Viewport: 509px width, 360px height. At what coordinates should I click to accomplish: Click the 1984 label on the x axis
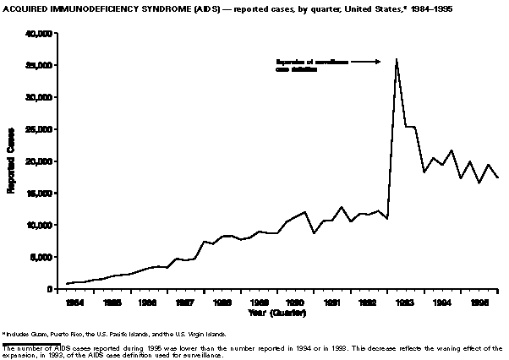(74, 301)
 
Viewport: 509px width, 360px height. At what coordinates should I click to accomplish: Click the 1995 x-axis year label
(479, 301)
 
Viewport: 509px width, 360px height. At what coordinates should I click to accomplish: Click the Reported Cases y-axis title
(12, 161)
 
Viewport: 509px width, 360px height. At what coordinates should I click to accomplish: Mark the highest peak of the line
(397, 58)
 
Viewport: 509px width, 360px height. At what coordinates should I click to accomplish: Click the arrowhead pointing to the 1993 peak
(376, 61)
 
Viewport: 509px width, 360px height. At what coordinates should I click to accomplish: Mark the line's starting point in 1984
(67, 284)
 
